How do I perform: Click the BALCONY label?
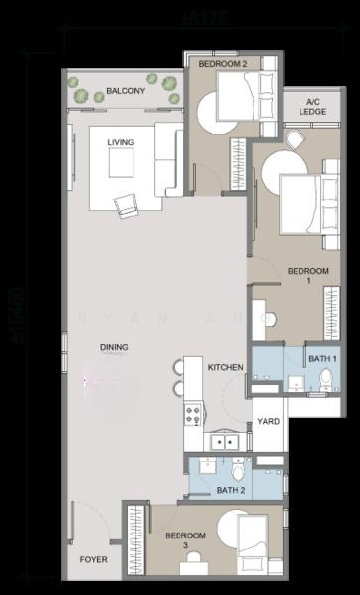pos(125,92)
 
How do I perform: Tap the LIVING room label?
pos(121,142)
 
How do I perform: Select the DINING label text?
pos(113,346)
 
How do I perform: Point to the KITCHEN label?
pos(225,367)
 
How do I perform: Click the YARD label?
pos(268,422)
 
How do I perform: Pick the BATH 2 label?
pos(230,490)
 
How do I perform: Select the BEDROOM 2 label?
pos(222,64)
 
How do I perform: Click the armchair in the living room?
pos(127,205)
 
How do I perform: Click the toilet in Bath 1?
pos(326,378)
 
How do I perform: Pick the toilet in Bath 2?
pos(238,465)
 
